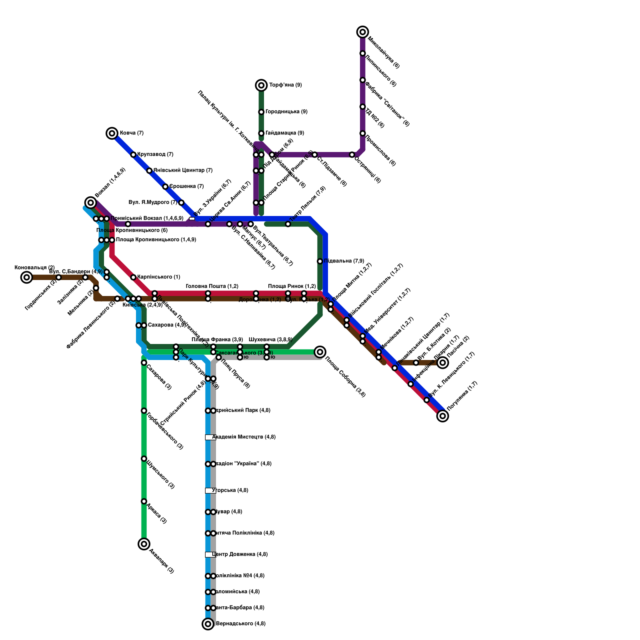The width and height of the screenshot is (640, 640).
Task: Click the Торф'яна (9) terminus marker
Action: pyautogui.click(x=261, y=85)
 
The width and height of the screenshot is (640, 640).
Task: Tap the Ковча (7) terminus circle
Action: pyautogui.click(x=112, y=133)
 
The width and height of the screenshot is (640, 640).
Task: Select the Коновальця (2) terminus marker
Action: pyautogui.click(x=27, y=277)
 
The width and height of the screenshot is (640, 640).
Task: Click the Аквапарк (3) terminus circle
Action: pyautogui.click(x=144, y=544)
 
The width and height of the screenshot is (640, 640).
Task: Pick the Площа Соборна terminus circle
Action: pyautogui.click(x=320, y=352)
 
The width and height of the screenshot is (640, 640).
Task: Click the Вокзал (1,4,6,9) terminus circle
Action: pyautogui.click(x=91, y=203)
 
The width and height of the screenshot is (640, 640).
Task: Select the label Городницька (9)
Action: pyautogui.click(x=286, y=112)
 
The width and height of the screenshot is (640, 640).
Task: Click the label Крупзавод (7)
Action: pyautogui.click(x=155, y=154)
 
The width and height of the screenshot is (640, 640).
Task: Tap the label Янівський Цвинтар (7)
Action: pyautogui.click(x=183, y=170)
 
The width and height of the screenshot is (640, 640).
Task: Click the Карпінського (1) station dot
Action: pyautogui.click(x=133, y=277)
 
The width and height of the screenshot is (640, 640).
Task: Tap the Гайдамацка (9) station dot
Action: pyautogui.click(x=261, y=133)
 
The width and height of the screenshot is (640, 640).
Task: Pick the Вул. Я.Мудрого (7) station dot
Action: pyautogui.click(x=181, y=203)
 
